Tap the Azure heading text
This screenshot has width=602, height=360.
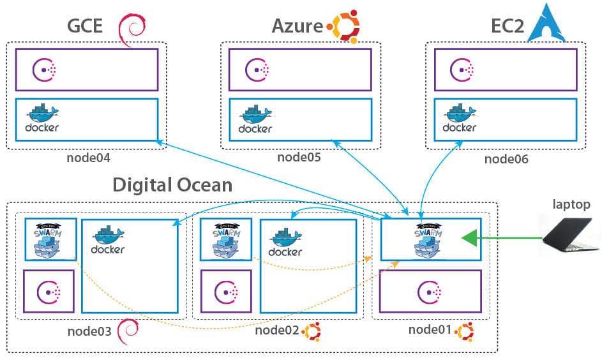pyautogui.click(x=297, y=26)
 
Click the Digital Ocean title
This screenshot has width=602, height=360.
pyautogui.click(x=172, y=185)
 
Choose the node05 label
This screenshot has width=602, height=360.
pyautogui.click(x=299, y=158)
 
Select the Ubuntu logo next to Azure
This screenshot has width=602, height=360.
pyautogui.click(x=343, y=27)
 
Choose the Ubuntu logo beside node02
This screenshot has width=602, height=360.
pyautogui.click(x=312, y=331)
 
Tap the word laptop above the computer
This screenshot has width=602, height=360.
pyautogui.click(x=571, y=204)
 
